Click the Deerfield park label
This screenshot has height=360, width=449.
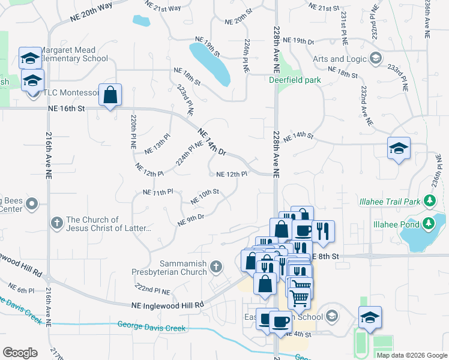click(x=295, y=80)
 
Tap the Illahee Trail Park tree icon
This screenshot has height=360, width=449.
click(x=429, y=200)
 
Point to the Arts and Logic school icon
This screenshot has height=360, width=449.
click(x=376, y=58)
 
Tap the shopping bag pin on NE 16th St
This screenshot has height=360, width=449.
click(x=110, y=95)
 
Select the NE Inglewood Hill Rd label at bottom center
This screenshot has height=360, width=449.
click(x=167, y=305)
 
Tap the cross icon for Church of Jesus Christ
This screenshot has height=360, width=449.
click(x=57, y=223)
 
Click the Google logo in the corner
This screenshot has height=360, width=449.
click(x=20, y=352)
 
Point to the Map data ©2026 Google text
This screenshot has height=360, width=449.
click(x=411, y=355)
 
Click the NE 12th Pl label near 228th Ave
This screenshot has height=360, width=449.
click(x=232, y=174)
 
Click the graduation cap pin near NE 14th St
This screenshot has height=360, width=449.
click(x=398, y=149)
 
